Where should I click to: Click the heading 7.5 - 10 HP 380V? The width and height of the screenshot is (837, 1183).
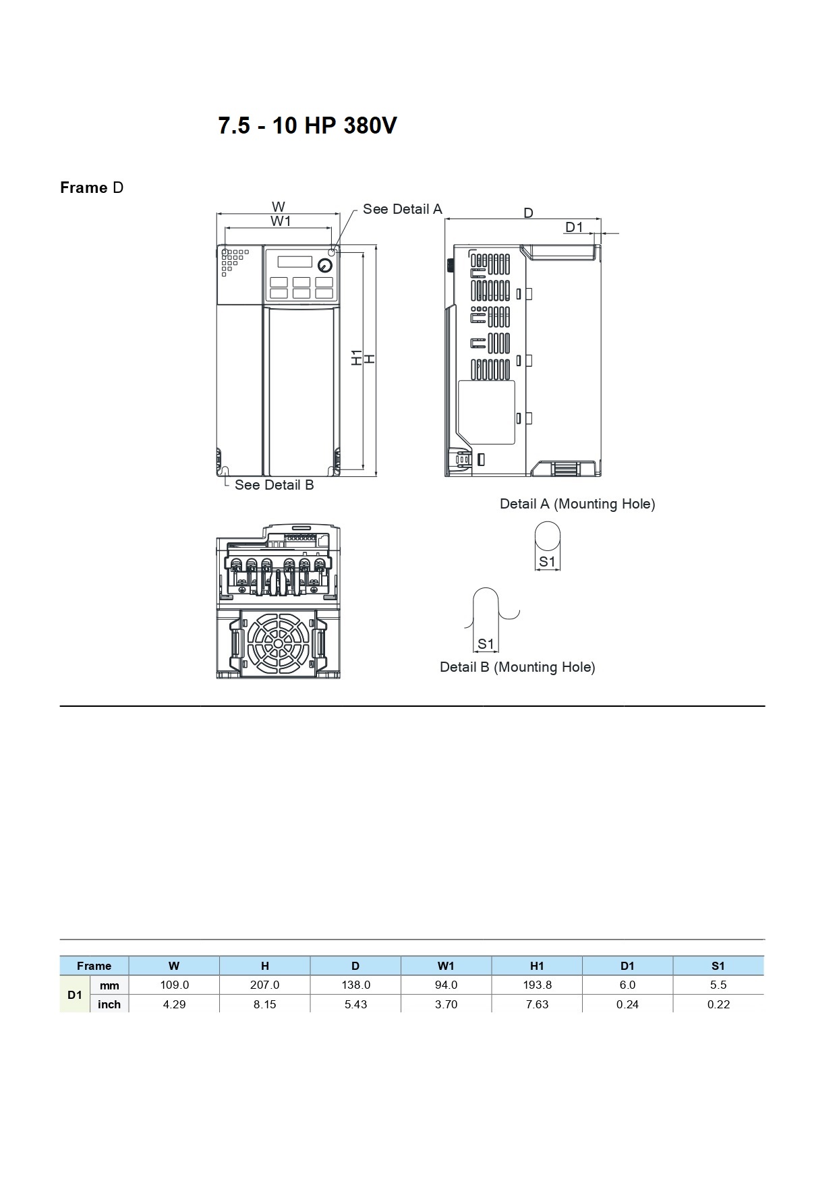(308, 125)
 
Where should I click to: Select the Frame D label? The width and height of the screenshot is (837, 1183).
(92, 187)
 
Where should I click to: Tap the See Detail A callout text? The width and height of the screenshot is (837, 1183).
(402, 209)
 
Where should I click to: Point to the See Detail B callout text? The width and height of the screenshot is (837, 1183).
(274, 485)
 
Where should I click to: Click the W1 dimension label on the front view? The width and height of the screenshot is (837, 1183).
(281, 221)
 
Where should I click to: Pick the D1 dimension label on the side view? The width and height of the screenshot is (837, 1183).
(574, 227)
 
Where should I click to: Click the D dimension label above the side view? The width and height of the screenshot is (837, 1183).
(528, 213)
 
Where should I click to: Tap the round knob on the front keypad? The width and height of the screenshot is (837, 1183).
(324, 265)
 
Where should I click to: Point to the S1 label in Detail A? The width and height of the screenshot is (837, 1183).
(547, 561)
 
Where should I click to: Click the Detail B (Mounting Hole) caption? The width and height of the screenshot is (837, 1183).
(517, 667)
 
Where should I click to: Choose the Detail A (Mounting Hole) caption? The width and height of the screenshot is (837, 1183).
(577, 504)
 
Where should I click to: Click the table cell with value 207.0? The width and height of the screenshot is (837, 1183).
(264, 985)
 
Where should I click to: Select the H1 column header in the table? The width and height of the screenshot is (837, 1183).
(537, 966)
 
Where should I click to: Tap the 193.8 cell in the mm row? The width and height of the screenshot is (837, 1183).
(537, 985)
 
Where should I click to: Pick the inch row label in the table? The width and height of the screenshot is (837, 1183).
(109, 1004)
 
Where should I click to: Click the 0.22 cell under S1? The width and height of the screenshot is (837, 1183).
(718, 1004)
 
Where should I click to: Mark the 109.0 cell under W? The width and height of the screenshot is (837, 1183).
(174, 985)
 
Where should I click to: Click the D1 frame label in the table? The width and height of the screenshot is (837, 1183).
(75, 995)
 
